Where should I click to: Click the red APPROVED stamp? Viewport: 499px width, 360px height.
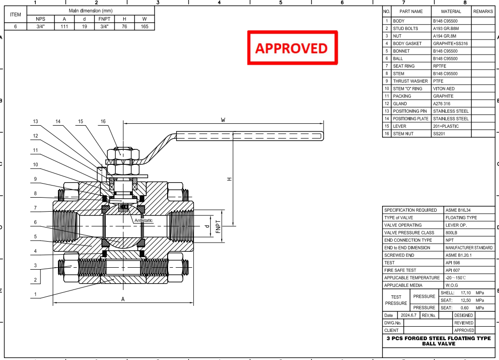click(292, 48)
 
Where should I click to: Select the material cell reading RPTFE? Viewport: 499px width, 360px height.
click(440, 66)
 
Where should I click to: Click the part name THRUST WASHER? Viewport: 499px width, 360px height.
click(410, 81)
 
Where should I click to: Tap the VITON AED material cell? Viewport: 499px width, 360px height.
click(443, 88)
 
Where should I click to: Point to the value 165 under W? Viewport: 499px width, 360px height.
click(144, 27)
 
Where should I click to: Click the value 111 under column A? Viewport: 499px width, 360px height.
click(64, 27)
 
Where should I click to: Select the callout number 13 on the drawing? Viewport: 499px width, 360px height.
click(35, 121)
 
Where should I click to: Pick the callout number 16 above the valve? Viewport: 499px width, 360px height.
click(103, 121)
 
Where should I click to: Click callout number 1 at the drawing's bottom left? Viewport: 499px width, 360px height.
click(35, 294)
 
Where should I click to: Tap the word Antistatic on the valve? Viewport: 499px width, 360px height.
click(143, 220)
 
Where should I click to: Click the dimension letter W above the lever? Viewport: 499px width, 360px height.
click(223, 120)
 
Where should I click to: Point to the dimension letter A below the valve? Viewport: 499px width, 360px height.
click(123, 299)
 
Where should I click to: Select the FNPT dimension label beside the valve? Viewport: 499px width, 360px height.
click(218, 227)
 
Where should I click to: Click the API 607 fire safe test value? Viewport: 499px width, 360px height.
click(453, 270)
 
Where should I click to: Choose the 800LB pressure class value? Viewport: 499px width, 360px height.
click(451, 233)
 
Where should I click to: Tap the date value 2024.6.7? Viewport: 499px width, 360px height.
click(409, 315)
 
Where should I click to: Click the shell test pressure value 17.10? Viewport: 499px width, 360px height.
click(466, 293)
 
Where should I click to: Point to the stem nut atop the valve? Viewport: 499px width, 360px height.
click(123, 154)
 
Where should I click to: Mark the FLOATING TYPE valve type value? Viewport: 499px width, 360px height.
click(461, 218)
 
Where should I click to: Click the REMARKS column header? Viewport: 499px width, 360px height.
click(483, 12)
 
